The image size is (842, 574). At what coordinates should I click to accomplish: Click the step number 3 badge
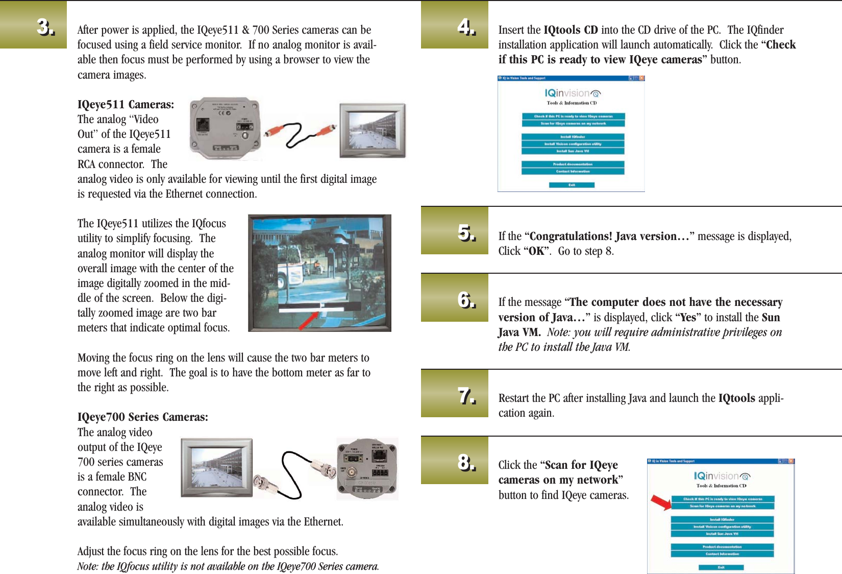point(45,27)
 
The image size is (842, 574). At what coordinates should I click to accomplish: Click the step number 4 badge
point(466,26)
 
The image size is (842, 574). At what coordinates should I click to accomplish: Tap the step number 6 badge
point(466,300)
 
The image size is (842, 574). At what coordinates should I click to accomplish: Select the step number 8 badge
point(466,462)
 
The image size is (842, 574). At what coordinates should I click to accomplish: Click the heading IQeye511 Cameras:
point(126,105)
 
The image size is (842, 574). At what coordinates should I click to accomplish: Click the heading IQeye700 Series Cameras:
point(142,417)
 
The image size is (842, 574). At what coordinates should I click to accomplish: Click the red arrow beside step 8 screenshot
point(661,502)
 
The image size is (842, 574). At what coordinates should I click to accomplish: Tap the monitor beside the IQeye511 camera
point(373,130)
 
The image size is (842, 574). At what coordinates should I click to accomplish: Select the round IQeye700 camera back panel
point(367,468)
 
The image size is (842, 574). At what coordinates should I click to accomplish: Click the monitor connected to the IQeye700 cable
point(217,467)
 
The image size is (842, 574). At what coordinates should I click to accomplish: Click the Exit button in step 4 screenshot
point(572,185)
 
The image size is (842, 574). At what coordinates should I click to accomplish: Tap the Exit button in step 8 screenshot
point(721,567)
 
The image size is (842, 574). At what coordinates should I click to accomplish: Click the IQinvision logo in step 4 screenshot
point(573,93)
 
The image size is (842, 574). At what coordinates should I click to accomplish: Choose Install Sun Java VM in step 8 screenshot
point(722,534)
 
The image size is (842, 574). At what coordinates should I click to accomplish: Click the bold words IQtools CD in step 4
point(571,30)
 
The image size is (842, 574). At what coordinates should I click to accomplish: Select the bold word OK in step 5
point(536,251)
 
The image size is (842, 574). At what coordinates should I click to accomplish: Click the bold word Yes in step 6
point(688,318)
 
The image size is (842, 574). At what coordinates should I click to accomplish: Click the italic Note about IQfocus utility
point(228,566)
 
